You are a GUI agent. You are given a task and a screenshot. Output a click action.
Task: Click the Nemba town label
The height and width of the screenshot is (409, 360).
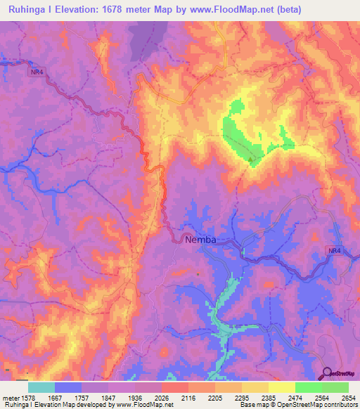[x=200, y=240]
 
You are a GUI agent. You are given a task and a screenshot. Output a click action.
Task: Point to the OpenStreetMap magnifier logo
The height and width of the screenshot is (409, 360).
[x=327, y=373]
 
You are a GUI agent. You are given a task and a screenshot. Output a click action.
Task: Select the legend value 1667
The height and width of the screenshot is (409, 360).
[x=67, y=397]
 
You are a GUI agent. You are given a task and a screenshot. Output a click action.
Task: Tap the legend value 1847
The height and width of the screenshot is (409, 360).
[x=107, y=397]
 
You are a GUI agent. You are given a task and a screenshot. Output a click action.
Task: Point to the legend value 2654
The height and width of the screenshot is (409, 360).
[x=347, y=397]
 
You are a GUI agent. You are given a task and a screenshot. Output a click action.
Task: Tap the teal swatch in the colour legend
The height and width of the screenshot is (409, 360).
[x=41, y=387]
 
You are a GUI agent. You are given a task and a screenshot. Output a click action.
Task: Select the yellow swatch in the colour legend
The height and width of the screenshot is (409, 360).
[x=281, y=387]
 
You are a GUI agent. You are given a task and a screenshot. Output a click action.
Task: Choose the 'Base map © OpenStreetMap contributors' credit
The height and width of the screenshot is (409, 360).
[x=297, y=405]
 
